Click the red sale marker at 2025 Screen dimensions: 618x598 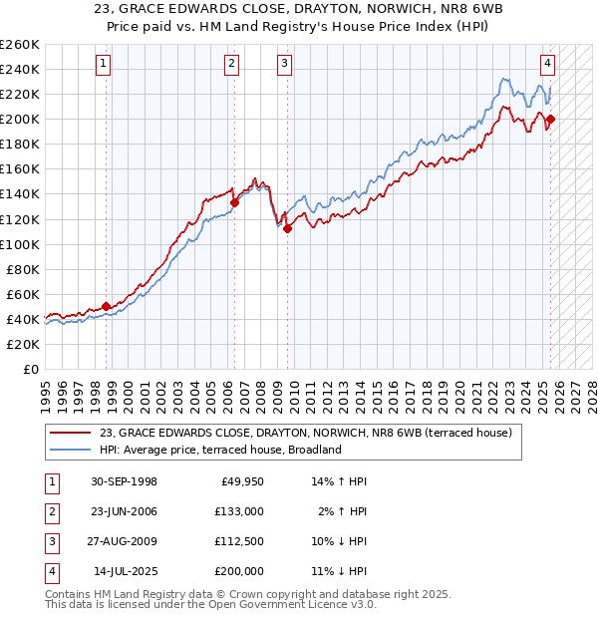[x=550, y=120]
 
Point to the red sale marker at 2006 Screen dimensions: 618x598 [x=234, y=202]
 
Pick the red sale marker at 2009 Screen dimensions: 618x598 [x=287, y=228]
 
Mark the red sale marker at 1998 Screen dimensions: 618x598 [x=107, y=307]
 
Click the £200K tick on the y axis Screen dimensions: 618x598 [x=19, y=119]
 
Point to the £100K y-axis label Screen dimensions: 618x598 [x=19, y=244]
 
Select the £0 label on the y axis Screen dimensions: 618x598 [x=30, y=369]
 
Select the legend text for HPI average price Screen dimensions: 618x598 [x=220, y=450]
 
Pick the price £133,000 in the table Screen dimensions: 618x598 [x=239, y=512]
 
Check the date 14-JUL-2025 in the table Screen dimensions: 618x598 [x=125, y=572]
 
